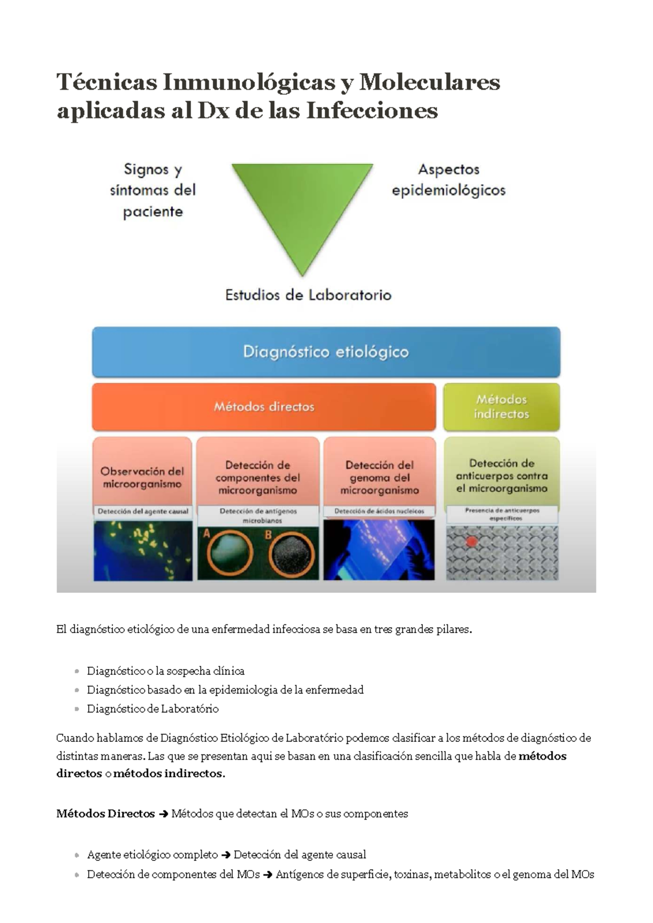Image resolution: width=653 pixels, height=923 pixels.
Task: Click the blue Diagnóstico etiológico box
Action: (x=326, y=352)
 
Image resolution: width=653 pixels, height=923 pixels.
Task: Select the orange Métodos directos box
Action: (x=264, y=407)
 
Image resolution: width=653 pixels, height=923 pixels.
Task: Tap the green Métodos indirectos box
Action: (x=501, y=407)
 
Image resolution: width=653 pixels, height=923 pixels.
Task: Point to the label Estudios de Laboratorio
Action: (x=308, y=295)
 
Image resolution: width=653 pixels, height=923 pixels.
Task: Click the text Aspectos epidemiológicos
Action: (x=448, y=179)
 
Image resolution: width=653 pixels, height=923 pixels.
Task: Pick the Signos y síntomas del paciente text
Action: (x=152, y=190)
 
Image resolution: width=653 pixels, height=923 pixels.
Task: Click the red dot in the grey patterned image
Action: (x=472, y=542)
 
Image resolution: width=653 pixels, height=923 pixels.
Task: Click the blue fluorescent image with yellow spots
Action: (x=143, y=550)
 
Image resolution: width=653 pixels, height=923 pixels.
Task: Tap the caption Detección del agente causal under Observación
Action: (x=143, y=511)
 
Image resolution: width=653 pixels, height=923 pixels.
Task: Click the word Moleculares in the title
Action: (x=429, y=82)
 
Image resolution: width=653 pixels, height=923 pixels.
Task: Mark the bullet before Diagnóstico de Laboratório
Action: (x=77, y=709)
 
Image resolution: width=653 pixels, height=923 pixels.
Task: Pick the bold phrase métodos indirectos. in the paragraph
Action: (x=169, y=773)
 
